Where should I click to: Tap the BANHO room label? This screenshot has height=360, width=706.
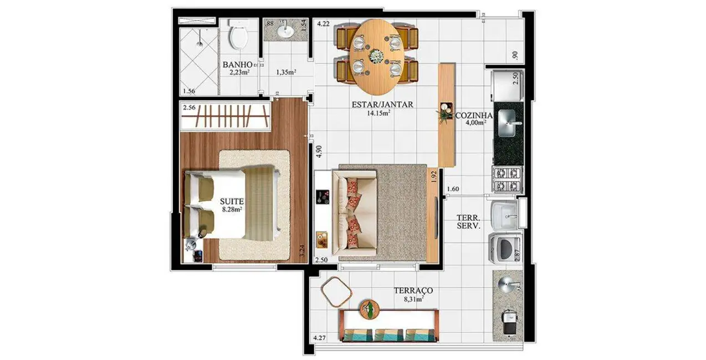[x=238, y=64]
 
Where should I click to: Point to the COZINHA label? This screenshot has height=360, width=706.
[x=473, y=115]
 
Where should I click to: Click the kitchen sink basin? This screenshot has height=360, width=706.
[x=509, y=121]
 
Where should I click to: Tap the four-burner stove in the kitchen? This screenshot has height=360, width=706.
[x=508, y=179]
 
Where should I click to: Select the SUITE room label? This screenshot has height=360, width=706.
[x=231, y=201]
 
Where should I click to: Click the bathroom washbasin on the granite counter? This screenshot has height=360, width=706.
[x=285, y=31]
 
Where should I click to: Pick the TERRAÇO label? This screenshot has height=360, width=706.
[x=413, y=290]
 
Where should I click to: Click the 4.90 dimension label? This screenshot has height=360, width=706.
[x=318, y=152]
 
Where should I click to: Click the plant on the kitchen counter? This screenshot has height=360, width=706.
[x=445, y=115]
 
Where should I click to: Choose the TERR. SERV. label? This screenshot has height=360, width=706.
[x=468, y=222]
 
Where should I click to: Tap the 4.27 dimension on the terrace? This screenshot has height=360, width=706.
[x=320, y=338]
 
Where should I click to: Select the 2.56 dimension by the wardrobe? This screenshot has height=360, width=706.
[x=189, y=108]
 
